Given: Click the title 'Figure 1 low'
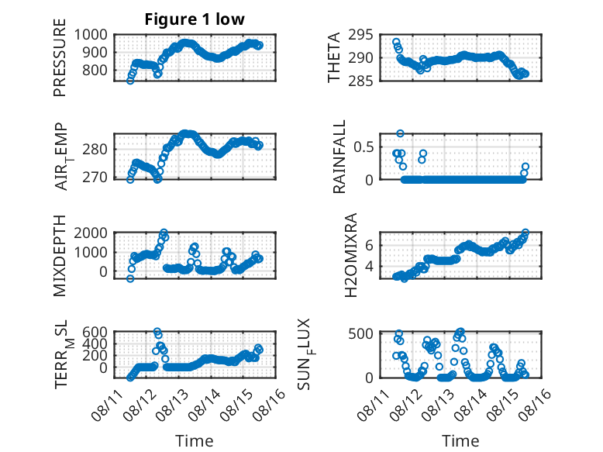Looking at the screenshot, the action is tap(195, 19).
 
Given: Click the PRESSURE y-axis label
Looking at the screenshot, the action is tap(60, 57).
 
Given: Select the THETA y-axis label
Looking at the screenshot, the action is tap(334, 57).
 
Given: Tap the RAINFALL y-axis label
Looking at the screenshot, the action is tap(339, 157).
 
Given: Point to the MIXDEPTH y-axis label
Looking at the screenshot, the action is tap(60, 256).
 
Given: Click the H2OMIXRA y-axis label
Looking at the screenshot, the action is tap(351, 255).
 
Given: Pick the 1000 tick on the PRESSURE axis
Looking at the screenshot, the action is tap(91, 35).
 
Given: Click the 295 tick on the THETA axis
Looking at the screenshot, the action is tap(360, 35).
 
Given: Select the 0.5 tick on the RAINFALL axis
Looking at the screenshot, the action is tap(364, 147).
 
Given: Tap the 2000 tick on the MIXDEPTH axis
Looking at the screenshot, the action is tap(91, 233).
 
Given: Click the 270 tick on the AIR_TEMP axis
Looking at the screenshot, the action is tap(95, 178).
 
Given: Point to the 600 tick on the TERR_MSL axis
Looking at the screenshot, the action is tap(95, 332).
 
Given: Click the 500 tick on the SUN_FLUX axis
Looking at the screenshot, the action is tap(360, 333).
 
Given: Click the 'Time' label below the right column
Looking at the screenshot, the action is tap(460, 441).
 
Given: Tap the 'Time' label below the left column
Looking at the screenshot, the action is tap(195, 441).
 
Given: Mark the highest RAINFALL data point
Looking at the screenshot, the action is tap(401, 133).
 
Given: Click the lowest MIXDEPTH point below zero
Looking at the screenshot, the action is tap(130, 278).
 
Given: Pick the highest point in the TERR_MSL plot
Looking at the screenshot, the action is tap(157, 332).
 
